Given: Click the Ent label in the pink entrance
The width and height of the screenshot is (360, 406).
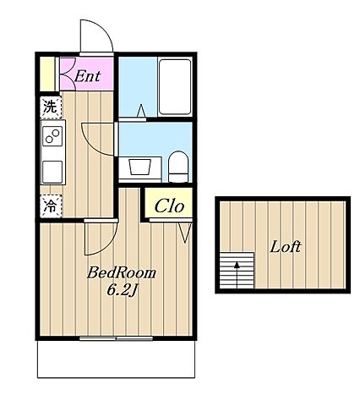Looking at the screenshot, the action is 87,76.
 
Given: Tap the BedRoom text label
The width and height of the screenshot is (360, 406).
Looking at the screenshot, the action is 122,273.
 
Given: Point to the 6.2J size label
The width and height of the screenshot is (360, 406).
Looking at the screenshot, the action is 122,290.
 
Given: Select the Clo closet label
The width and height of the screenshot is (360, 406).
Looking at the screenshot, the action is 169,206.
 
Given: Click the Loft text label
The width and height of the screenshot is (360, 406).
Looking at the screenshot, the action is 286,247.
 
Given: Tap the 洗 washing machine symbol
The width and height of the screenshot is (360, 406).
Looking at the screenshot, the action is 51,107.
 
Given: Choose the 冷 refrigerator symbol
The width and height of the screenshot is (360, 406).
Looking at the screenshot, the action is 51,206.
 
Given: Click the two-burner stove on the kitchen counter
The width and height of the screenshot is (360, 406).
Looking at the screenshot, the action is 52,135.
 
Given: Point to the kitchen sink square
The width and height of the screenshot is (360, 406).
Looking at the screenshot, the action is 52,172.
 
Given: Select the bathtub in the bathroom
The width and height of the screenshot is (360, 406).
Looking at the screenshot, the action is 175,86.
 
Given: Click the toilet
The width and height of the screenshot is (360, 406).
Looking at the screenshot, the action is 178,167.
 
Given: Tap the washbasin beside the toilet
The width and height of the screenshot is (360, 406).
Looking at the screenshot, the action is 139,167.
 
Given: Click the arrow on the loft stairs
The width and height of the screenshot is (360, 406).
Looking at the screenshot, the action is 237,275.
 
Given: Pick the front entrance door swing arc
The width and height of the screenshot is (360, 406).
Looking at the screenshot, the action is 103,29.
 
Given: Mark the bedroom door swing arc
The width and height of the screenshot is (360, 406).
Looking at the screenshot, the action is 108,245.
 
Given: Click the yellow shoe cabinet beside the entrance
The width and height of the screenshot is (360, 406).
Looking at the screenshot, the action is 47,74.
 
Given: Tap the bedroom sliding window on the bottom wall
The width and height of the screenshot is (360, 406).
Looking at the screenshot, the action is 116,338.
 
